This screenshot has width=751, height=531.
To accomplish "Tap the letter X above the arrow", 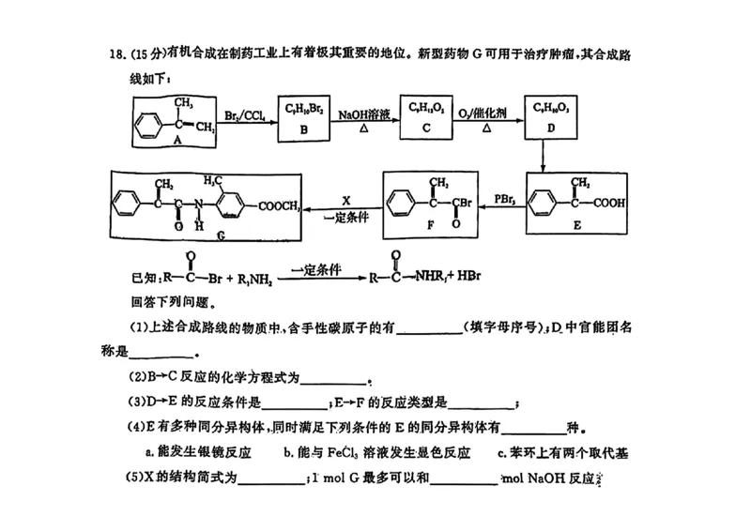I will [345, 199].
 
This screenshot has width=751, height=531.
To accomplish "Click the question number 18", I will [115, 54].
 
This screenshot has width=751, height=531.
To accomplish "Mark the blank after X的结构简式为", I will [272, 480].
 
